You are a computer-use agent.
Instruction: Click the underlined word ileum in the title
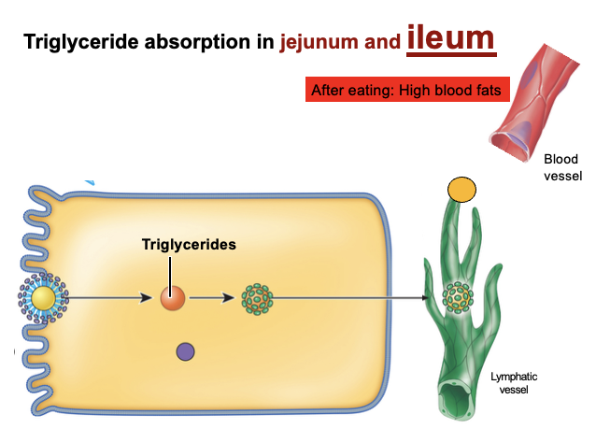pos(450,38)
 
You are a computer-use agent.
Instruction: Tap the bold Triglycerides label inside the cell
pos(188,244)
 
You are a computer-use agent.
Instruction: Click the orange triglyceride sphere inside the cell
pos(172,298)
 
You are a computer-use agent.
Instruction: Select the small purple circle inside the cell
pos(185,350)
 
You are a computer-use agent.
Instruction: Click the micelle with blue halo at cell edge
pos(43,298)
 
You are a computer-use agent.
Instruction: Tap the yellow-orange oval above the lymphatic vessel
pos(461,190)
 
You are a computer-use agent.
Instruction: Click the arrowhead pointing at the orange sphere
pos(147,299)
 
